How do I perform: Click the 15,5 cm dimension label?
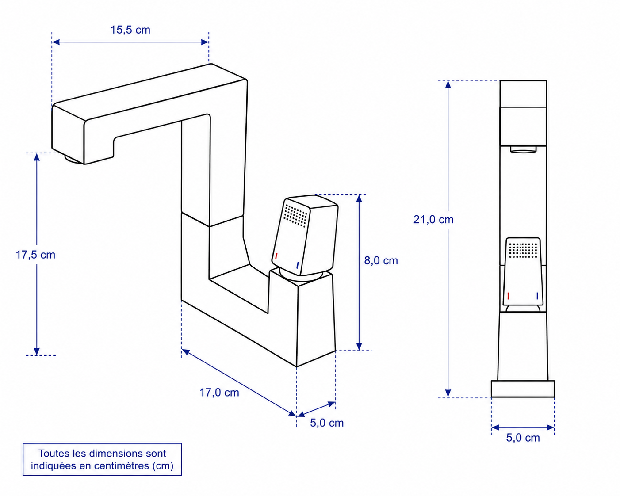130,30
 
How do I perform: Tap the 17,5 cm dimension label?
35,255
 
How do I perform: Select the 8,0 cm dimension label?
381,261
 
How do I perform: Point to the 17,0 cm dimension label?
219,393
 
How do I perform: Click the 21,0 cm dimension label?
433,220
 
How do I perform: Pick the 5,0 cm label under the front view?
523,438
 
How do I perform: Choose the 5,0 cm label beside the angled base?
327,423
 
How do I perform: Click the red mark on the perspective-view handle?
276,256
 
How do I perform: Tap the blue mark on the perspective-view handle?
297,265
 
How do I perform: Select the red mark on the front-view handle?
508,296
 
